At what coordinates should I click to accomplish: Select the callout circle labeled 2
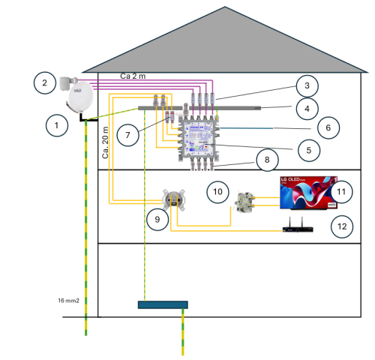tap(45, 82)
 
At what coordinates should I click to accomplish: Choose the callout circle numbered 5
tap(304, 149)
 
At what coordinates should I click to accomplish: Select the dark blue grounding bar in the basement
tap(163, 304)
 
